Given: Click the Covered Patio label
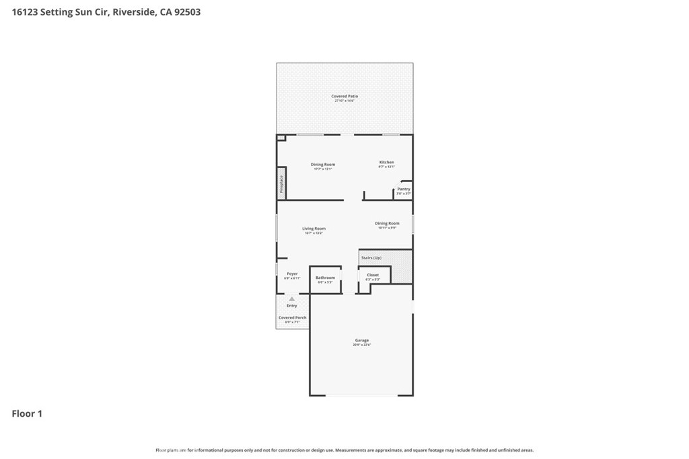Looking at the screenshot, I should pyautogui.click(x=344, y=96).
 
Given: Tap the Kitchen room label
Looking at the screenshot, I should pyautogui.click(x=386, y=162).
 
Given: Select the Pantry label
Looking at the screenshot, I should pyautogui.click(x=403, y=189).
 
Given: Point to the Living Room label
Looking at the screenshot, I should pyautogui.click(x=314, y=228).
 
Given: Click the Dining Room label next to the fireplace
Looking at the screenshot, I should pyautogui.click(x=322, y=164).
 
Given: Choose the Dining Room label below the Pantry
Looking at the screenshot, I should pyautogui.click(x=387, y=223).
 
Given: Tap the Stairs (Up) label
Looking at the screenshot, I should pyautogui.click(x=371, y=258).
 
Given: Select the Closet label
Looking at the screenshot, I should pyautogui.click(x=373, y=275).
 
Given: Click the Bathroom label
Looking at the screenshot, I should pyautogui.click(x=325, y=278).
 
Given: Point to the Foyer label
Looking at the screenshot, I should pyautogui.click(x=292, y=274).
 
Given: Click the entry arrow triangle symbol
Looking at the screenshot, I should pyautogui.click(x=291, y=299).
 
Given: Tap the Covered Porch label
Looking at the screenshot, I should pyautogui.click(x=292, y=317).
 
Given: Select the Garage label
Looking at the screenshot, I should pyautogui.click(x=362, y=340).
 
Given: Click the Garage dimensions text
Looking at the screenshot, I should pyautogui.click(x=362, y=345).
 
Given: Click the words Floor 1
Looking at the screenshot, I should pyautogui.click(x=27, y=414).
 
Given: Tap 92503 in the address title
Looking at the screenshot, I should pyautogui.click(x=186, y=12).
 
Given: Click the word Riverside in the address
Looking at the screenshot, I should pyautogui.click(x=133, y=12).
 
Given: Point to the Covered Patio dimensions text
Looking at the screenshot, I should pyautogui.click(x=344, y=101).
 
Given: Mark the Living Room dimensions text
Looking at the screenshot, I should pyautogui.click(x=314, y=233).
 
